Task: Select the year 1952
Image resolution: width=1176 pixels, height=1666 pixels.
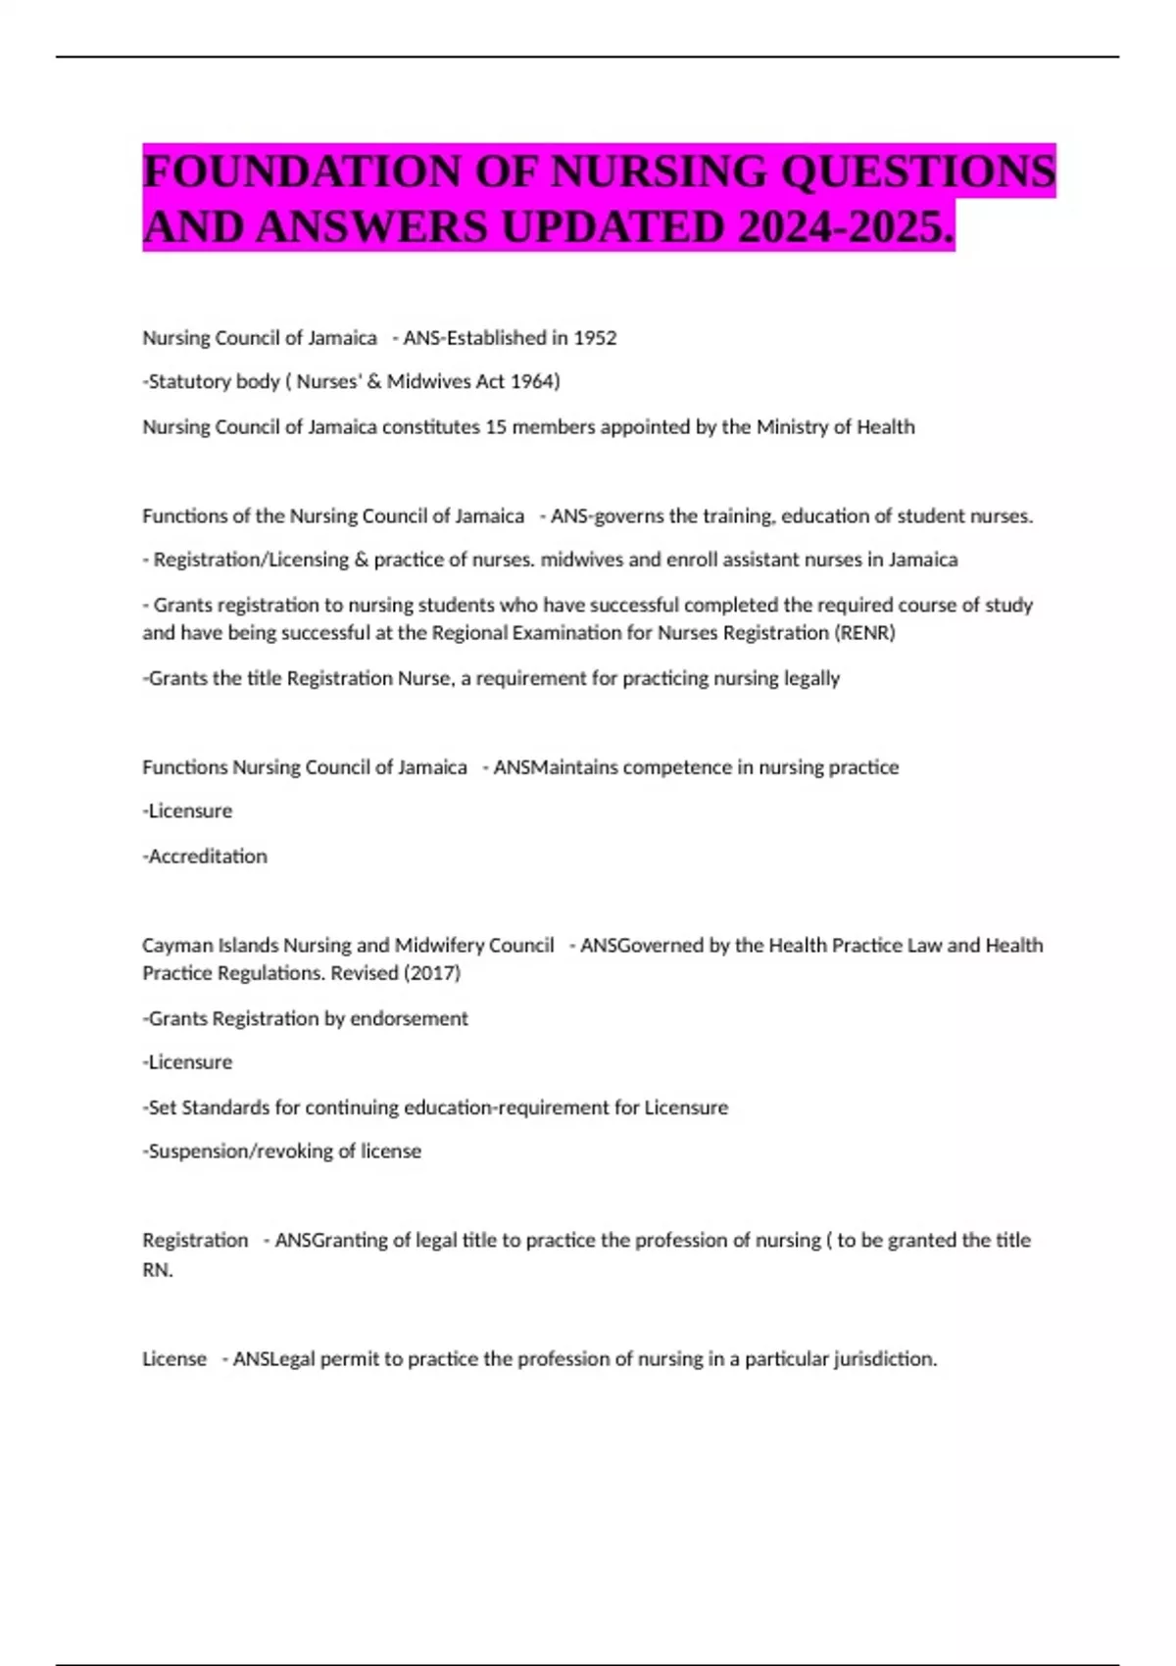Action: point(595,338)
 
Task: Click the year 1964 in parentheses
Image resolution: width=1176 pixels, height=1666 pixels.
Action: point(533,381)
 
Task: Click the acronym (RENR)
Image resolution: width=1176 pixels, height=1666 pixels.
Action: point(864,633)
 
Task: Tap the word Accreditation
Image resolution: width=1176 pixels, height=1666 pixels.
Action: point(207,857)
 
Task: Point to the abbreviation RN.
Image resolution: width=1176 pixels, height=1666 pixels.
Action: point(157,1270)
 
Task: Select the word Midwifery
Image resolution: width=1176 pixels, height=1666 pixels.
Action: point(439,946)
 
